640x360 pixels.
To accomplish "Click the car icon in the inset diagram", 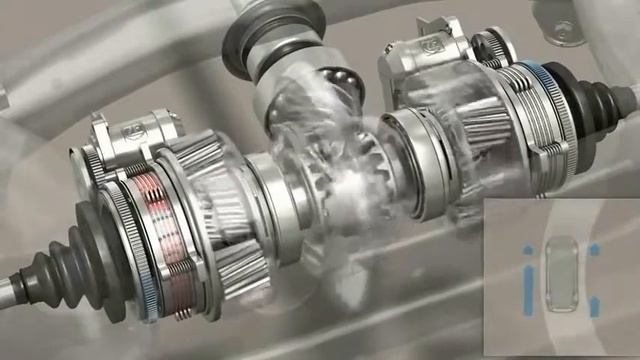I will point(563,274).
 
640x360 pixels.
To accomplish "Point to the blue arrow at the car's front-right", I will point(594,249).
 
